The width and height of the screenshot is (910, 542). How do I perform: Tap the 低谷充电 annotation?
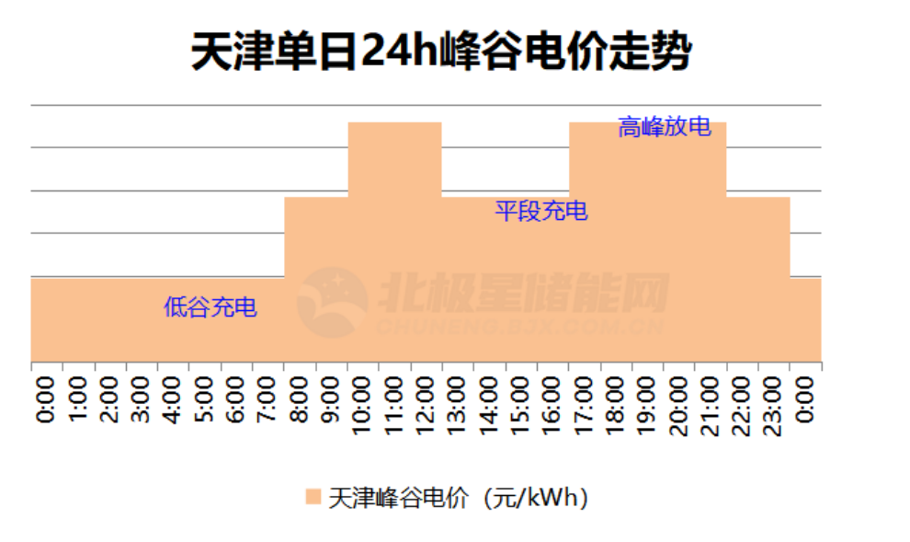tap(210, 307)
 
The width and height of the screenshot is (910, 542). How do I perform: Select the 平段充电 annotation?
tap(541, 212)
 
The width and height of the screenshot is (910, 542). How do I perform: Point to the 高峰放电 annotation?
tap(665, 127)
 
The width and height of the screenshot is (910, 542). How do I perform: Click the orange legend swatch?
tap(313, 498)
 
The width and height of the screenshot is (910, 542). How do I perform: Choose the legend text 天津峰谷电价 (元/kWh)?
tap(459, 498)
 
